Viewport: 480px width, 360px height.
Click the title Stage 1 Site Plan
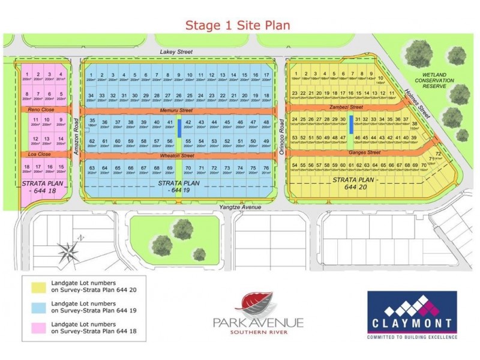238,25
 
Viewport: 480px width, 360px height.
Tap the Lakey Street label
176,52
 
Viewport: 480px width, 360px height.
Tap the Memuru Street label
176,110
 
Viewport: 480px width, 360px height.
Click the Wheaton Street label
176,156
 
